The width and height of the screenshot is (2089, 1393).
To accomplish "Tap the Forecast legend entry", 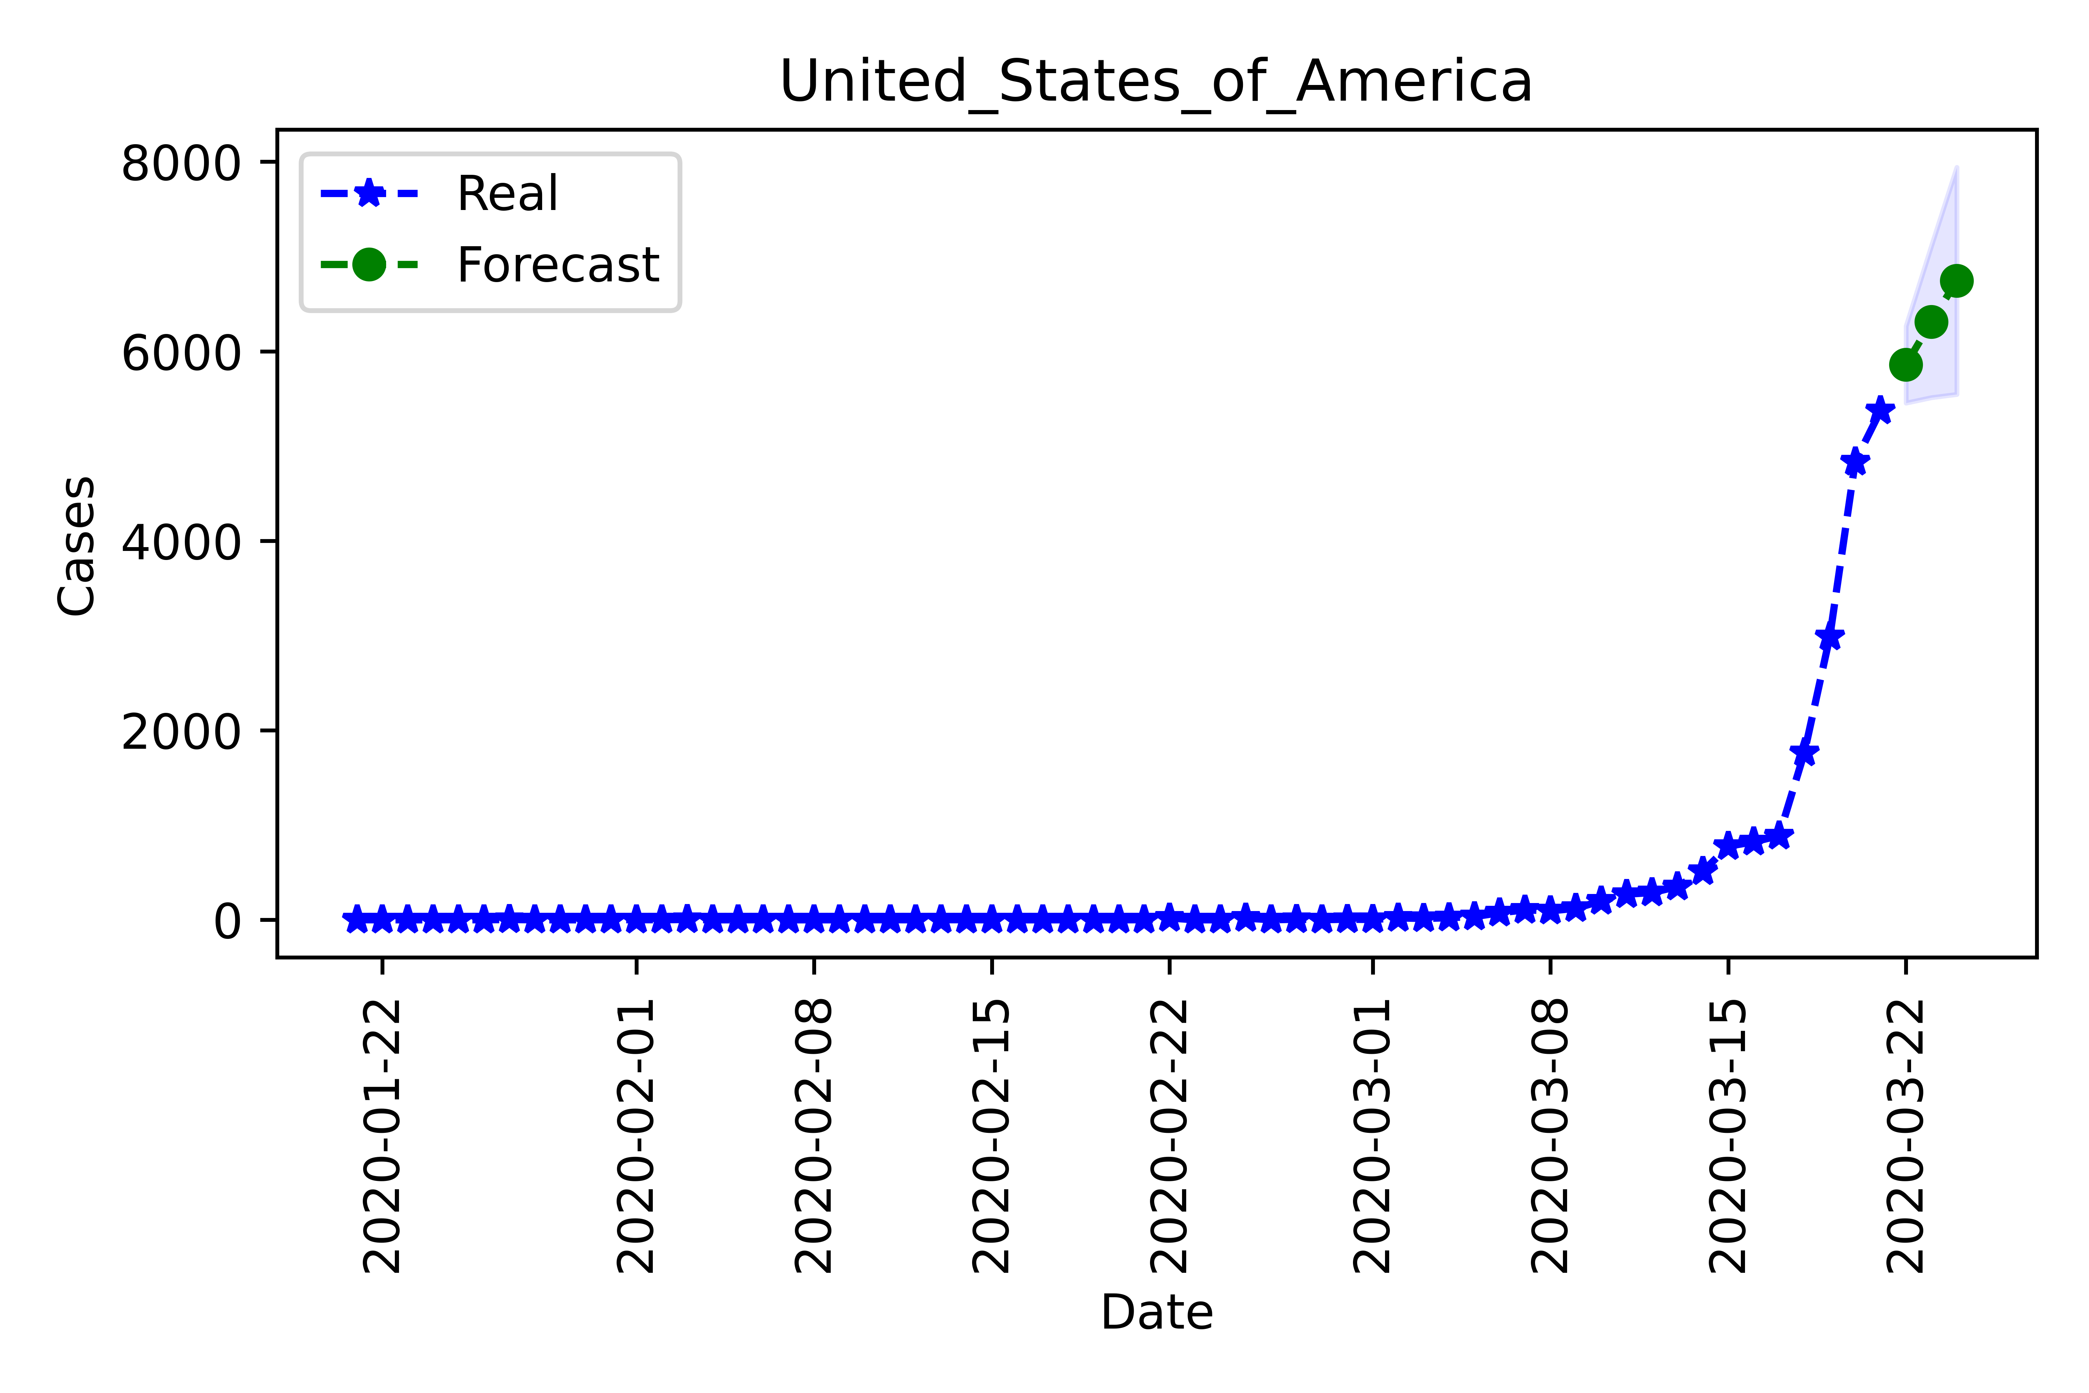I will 557,265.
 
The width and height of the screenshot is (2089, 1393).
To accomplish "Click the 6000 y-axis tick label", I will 180,353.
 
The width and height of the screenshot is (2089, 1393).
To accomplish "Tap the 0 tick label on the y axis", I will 227,922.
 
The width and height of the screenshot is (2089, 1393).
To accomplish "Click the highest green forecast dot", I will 1956,281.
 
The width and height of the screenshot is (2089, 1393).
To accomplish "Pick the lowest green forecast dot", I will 1905,364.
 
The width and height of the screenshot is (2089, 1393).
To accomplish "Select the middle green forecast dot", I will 1931,321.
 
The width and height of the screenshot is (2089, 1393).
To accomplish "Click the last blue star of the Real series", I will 1879,410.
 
